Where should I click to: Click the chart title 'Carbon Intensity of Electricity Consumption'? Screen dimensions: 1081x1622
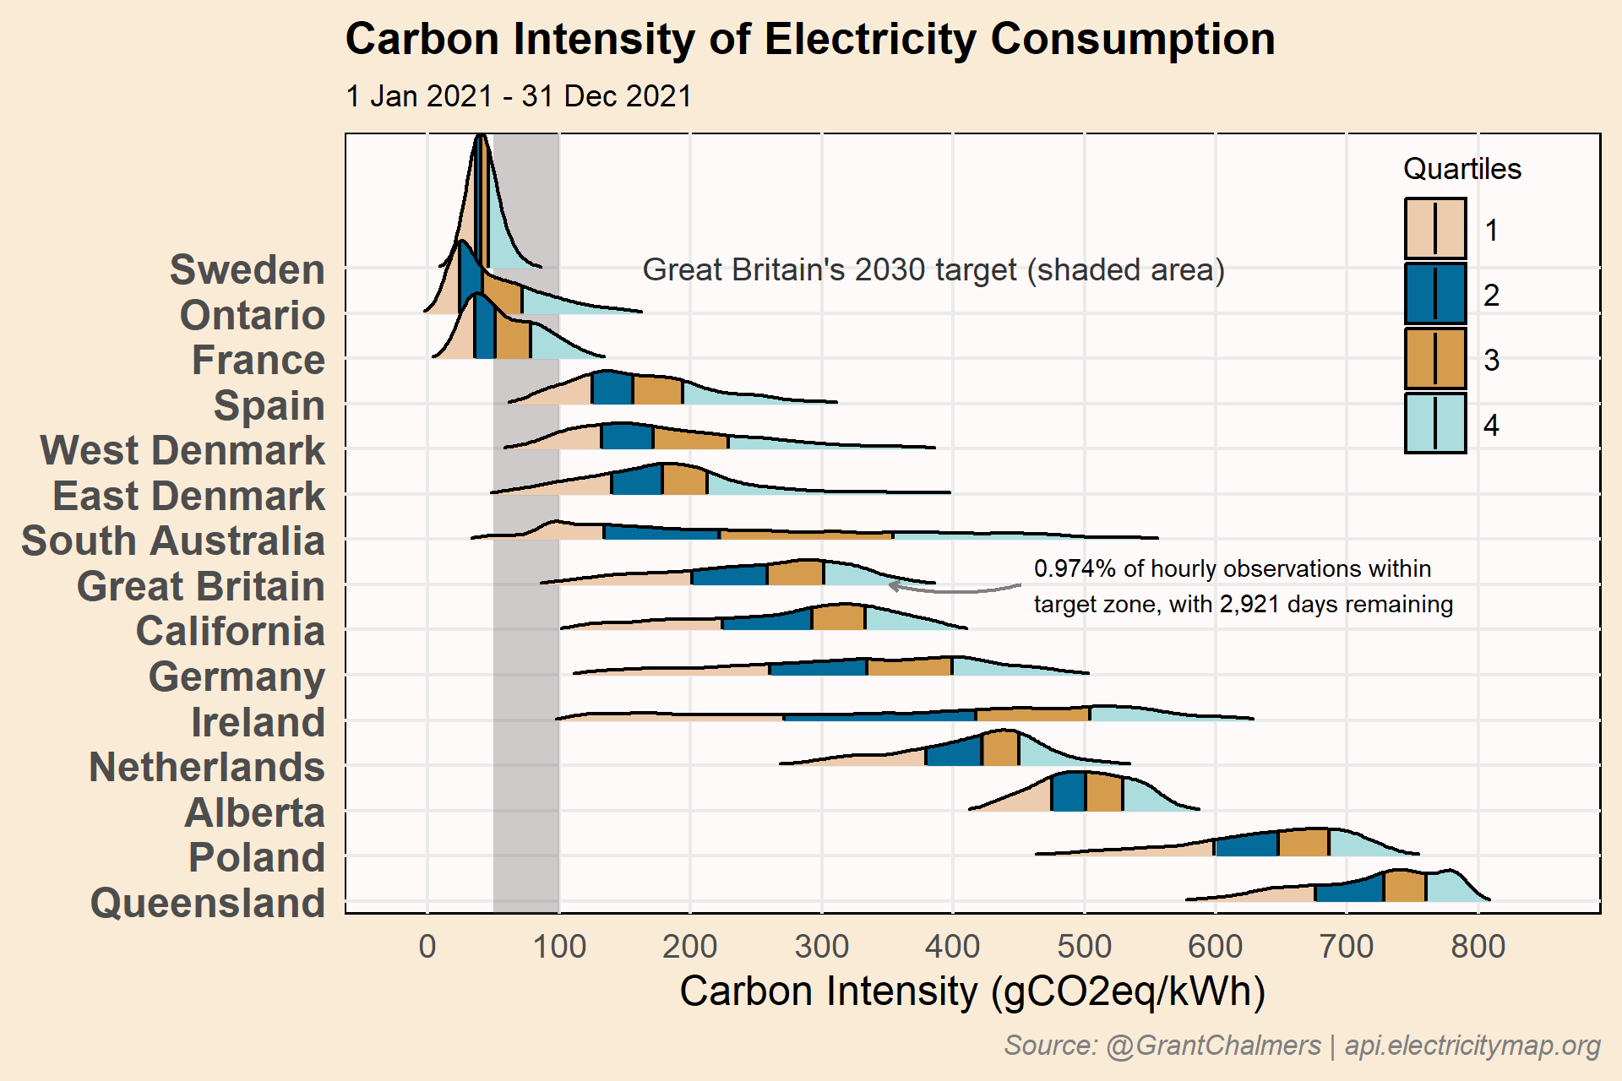pyautogui.click(x=809, y=40)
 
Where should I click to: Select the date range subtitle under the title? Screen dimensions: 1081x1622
pyautogui.click(x=519, y=96)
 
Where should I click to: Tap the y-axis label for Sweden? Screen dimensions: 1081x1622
pyautogui.click(x=248, y=270)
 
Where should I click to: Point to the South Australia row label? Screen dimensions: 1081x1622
pyautogui.click(x=173, y=541)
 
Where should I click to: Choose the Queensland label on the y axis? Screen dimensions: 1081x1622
pyautogui.click(x=208, y=903)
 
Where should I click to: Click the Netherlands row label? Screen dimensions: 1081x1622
pyautogui.click(x=207, y=768)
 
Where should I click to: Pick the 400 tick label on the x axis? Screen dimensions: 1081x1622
pyautogui.click(x=952, y=947)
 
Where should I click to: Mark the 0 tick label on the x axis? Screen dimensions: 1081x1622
pyautogui.click(x=427, y=947)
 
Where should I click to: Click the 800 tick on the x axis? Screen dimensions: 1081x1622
pyautogui.click(x=1478, y=947)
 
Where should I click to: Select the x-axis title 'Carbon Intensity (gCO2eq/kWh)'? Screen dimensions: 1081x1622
pyautogui.click(x=972, y=991)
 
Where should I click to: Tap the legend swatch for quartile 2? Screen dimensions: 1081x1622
pyautogui.click(x=1435, y=294)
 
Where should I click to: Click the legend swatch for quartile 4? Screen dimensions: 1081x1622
pyautogui.click(x=1435, y=424)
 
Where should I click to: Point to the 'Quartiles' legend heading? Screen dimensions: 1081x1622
pyautogui.click(x=1461, y=169)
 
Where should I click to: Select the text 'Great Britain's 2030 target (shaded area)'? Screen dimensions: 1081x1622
pyautogui.click(x=933, y=270)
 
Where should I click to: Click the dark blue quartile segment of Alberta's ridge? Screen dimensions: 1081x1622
pyautogui.click(x=1069, y=793)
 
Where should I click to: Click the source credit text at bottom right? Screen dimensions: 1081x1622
pyautogui.click(x=1302, y=1046)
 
